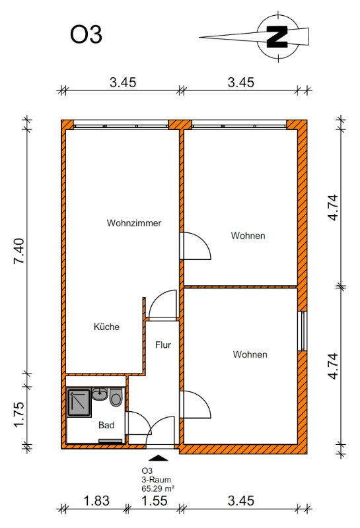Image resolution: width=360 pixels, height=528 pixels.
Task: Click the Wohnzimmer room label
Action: (134, 223)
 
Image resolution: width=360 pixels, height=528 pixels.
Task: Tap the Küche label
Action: (106, 327)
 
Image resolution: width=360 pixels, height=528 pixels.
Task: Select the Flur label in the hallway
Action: (163, 345)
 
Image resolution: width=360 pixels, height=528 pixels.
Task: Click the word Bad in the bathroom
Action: (106, 425)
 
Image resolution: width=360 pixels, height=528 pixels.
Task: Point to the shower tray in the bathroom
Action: (79, 403)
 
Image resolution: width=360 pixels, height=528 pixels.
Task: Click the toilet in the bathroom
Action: (116, 397)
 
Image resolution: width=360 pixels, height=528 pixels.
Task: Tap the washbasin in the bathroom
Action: (100, 394)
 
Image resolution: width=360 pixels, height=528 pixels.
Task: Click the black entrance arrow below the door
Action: (158, 457)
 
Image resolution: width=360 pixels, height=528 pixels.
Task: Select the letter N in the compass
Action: (277, 36)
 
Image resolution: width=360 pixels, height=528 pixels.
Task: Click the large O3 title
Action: (86, 35)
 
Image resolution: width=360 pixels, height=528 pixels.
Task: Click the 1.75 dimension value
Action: (19, 414)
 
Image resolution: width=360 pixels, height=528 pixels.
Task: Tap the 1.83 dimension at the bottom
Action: (96, 501)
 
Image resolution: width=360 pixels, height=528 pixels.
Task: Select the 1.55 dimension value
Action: (154, 501)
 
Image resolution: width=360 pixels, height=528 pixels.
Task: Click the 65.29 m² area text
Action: (158, 488)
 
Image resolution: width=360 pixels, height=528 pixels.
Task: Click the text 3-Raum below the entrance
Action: (156, 480)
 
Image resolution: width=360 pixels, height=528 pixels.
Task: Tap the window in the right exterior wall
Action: (303, 331)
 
